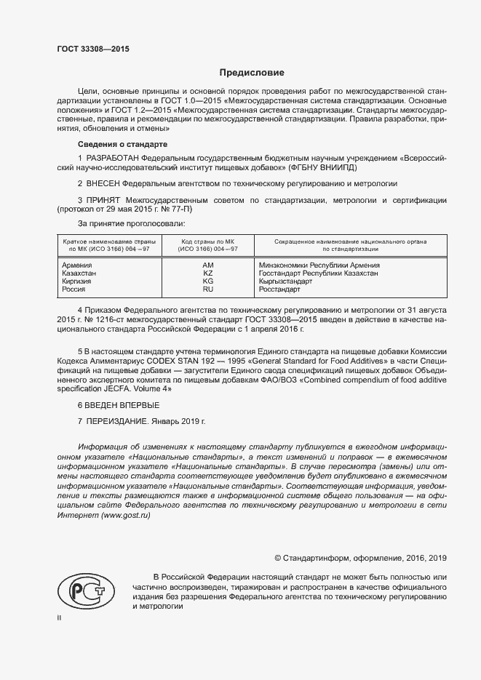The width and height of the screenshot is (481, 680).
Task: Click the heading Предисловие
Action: [252, 73]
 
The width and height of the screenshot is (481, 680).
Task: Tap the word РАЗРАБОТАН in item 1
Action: [112, 158]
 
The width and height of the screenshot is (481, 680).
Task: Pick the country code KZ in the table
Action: [207, 273]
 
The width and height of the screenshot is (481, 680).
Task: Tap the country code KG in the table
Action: [207, 281]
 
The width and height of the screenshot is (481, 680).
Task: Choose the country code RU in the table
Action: [207, 289]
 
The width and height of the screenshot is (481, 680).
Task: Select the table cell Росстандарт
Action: [279, 289]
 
